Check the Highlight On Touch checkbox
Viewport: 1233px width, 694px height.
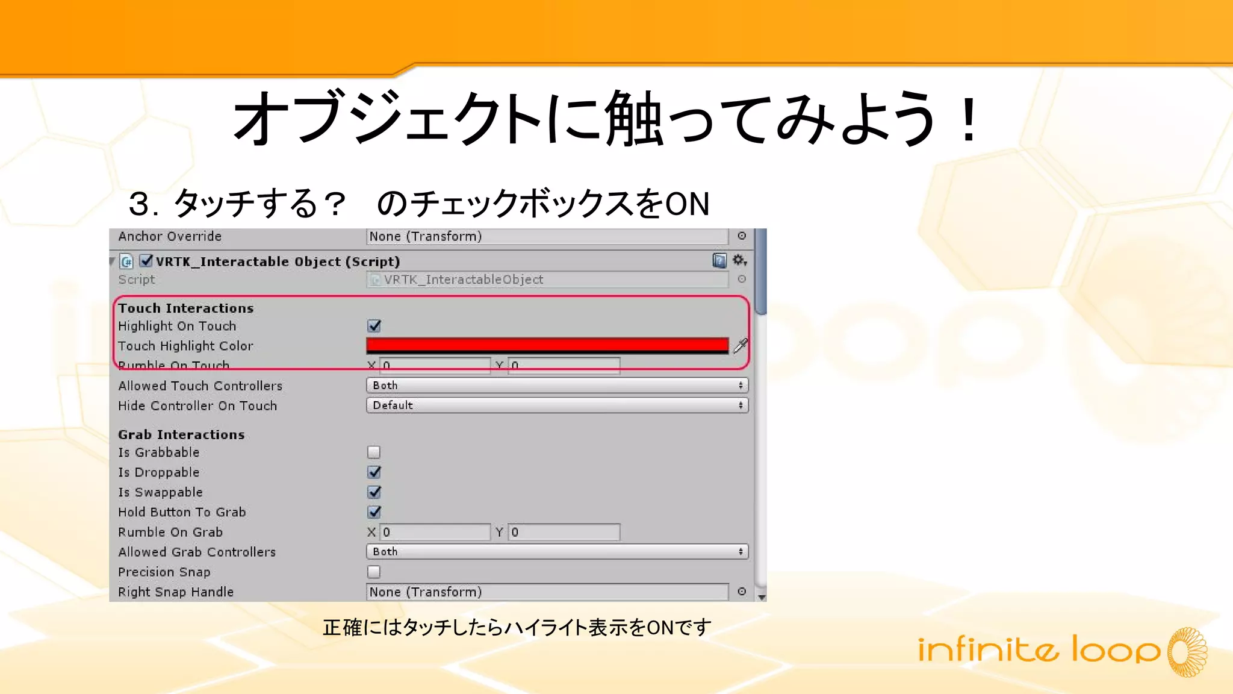point(374,326)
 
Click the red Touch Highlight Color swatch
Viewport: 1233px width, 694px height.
point(547,345)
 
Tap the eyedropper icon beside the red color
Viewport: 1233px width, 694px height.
point(741,345)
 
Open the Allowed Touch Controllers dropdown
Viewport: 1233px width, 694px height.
point(557,386)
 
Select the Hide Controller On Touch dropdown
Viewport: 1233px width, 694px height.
point(557,405)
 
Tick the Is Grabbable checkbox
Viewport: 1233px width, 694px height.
point(374,452)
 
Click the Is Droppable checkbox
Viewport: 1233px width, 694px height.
point(374,472)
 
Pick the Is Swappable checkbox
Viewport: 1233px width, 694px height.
point(374,492)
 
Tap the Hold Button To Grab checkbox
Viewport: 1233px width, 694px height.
point(374,512)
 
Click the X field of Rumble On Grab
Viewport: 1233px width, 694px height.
point(435,532)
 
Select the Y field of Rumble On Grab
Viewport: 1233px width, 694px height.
point(564,532)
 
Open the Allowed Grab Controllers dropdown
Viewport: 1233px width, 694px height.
point(557,552)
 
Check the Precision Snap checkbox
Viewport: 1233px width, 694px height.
point(374,572)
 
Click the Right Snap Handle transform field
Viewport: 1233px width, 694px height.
point(547,592)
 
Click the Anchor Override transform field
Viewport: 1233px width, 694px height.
point(547,236)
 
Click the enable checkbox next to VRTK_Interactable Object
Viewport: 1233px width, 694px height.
point(146,261)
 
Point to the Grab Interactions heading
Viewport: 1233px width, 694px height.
point(181,434)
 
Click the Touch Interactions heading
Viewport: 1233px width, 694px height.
point(185,308)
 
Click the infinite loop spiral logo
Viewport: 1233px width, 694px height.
point(1187,652)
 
